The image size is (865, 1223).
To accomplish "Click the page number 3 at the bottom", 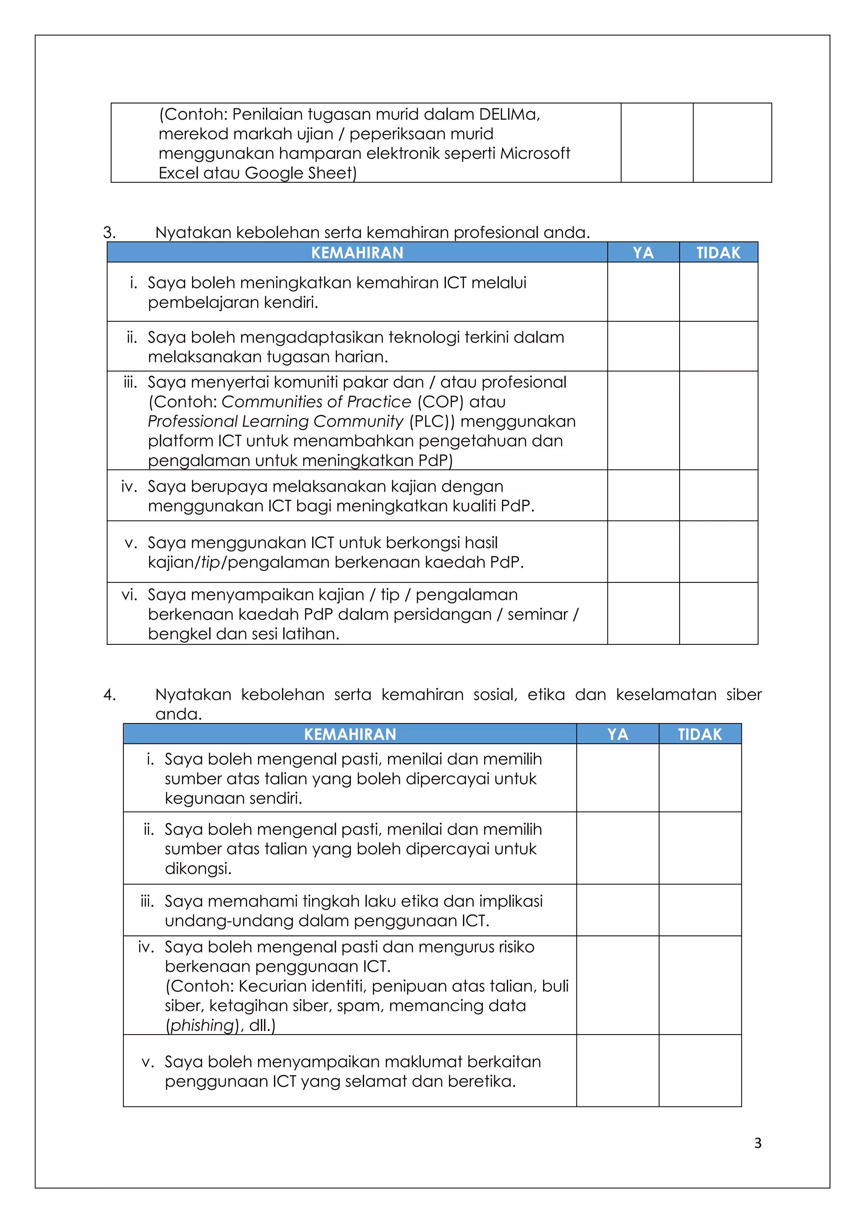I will click(757, 1143).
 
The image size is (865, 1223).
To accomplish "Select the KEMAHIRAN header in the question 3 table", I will click(357, 253).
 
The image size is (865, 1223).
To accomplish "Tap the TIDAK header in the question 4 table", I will click(699, 734).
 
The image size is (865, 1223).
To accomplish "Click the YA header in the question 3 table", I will click(643, 253).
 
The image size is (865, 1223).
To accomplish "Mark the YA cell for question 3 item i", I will click(643, 292).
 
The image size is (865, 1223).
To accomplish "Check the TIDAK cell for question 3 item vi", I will click(718, 613).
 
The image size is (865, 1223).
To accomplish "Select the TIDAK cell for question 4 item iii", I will click(699, 910).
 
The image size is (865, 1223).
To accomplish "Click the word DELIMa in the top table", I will click(509, 114).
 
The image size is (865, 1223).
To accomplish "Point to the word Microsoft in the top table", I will click(535, 153).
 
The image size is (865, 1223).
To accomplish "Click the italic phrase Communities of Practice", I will click(316, 402).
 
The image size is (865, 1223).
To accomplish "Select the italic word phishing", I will click(202, 1025).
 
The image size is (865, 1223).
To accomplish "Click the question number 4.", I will click(109, 695).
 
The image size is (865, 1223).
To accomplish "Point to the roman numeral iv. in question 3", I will click(129, 486).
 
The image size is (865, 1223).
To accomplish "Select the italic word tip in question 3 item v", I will click(211, 563).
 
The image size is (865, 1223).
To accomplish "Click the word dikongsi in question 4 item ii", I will click(198, 869).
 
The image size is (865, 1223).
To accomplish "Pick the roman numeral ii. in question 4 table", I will click(149, 829).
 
